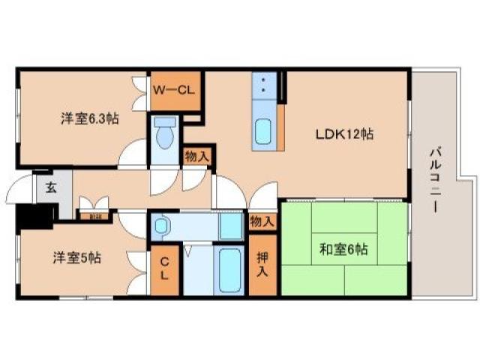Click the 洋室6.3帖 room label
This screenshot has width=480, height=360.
(x=89, y=118)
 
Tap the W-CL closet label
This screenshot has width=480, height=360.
(x=175, y=90)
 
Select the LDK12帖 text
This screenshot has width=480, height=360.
(x=343, y=135)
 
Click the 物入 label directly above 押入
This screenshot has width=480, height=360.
(x=262, y=221)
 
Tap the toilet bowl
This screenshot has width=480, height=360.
(x=164, y=136)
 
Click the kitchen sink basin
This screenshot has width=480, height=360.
(x=263, y=131)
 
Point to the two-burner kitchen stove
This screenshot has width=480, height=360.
(x=263, y=84)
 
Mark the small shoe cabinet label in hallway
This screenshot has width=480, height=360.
(x=95, y=217)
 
